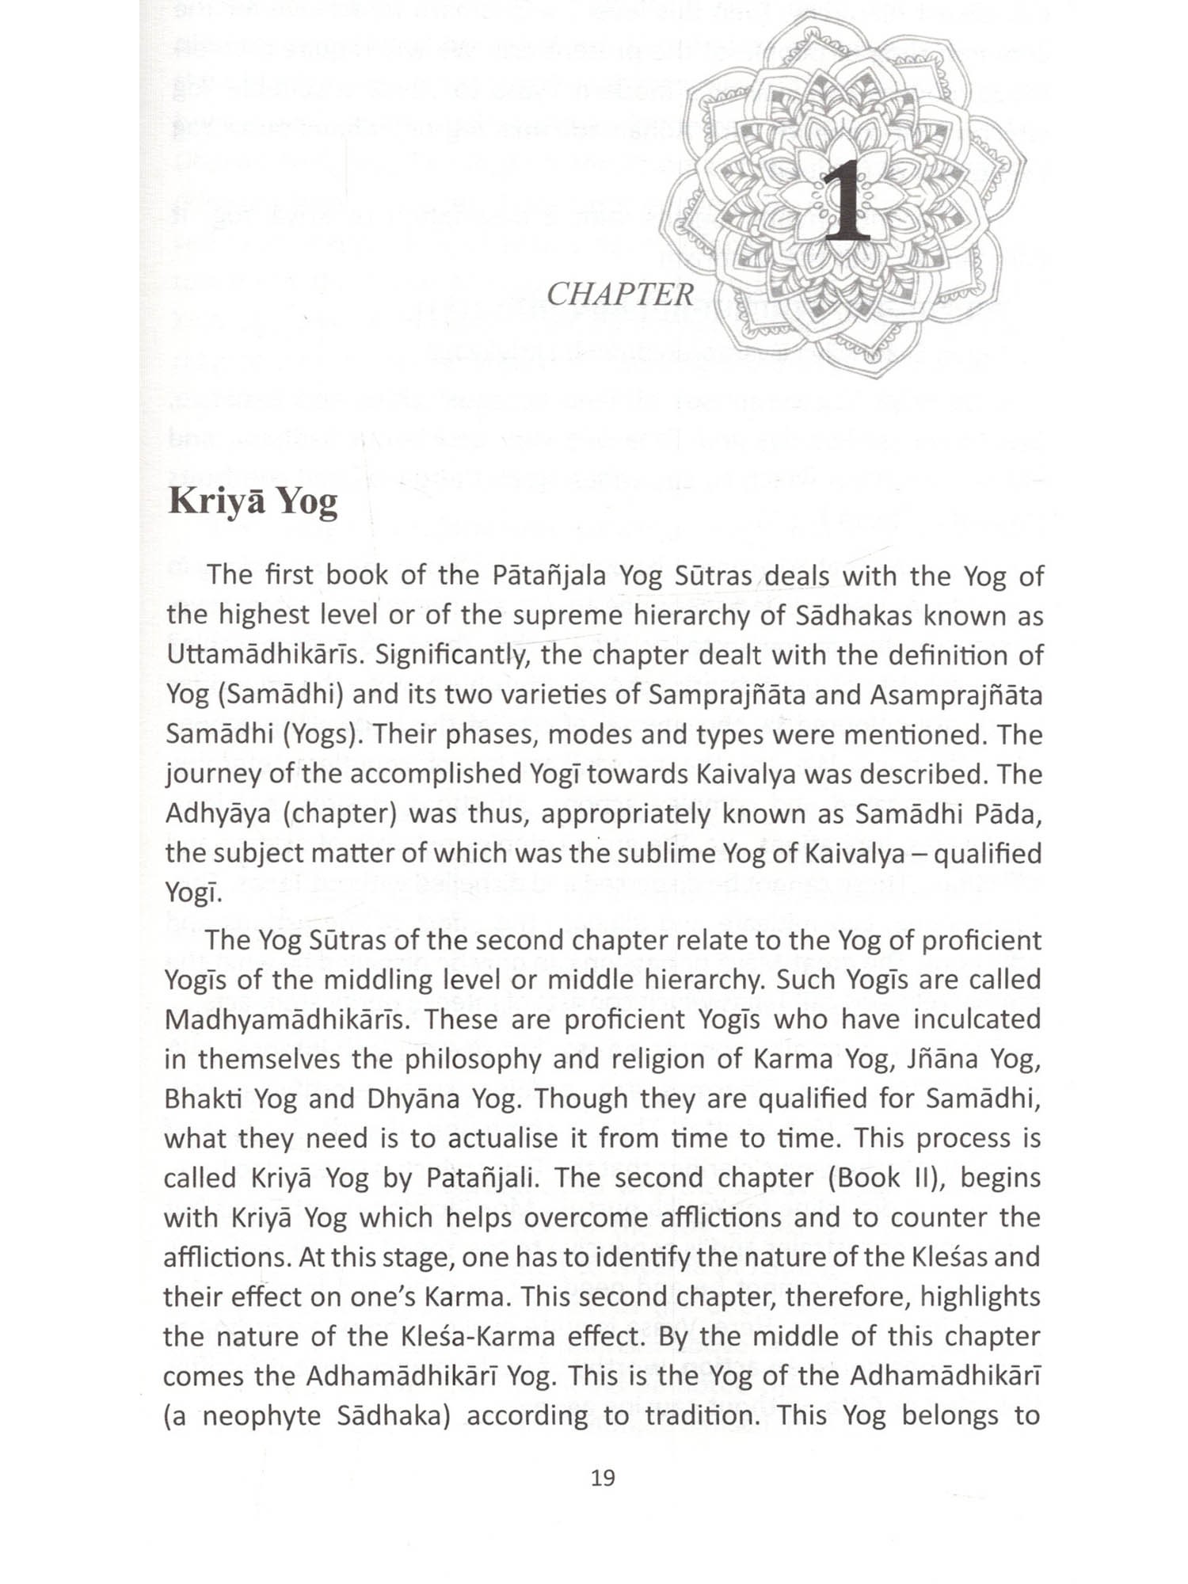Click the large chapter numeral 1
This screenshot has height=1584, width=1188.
click(x=846, y=200)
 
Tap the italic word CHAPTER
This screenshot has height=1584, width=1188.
click(x=619, y=295)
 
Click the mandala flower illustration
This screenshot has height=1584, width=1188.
click(x=843, y=119)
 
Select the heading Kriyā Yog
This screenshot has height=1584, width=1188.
click(x=253, y=503)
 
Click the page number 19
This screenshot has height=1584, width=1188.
click(x=603, y=1478)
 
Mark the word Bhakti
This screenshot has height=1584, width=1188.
click(x=204, y=1099)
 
